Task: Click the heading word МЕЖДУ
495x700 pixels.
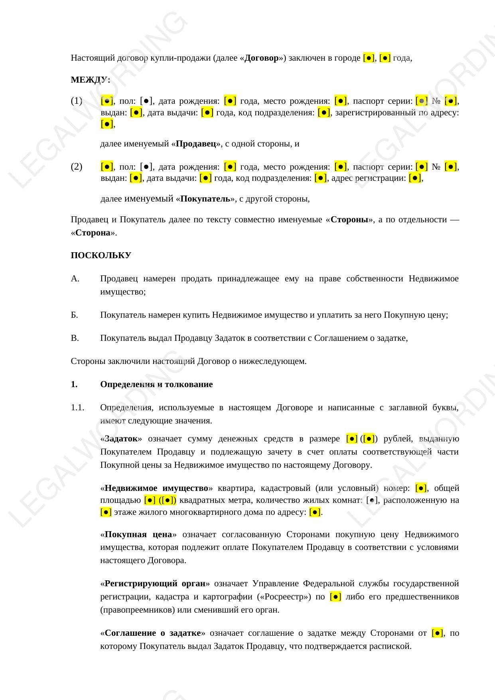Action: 90,80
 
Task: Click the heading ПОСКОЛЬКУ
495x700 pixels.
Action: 101,255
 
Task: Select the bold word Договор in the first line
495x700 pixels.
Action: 261,58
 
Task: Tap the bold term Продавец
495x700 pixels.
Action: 196,144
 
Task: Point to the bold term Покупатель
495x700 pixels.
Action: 205,199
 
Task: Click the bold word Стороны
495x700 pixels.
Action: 349,219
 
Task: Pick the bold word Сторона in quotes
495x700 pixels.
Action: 93,233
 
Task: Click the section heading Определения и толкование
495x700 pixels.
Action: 156,384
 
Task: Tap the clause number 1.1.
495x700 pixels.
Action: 77,407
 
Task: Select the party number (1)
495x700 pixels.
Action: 77,101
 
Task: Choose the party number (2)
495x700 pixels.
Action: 77,166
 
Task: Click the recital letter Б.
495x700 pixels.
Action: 75,315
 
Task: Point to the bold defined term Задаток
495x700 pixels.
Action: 121,439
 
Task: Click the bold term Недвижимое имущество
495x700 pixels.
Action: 156,488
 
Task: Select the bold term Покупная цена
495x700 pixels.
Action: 138,534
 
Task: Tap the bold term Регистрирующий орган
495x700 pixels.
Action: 155,583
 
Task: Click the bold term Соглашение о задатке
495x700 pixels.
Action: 152,633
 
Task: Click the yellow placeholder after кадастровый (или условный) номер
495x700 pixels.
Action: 421,488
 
